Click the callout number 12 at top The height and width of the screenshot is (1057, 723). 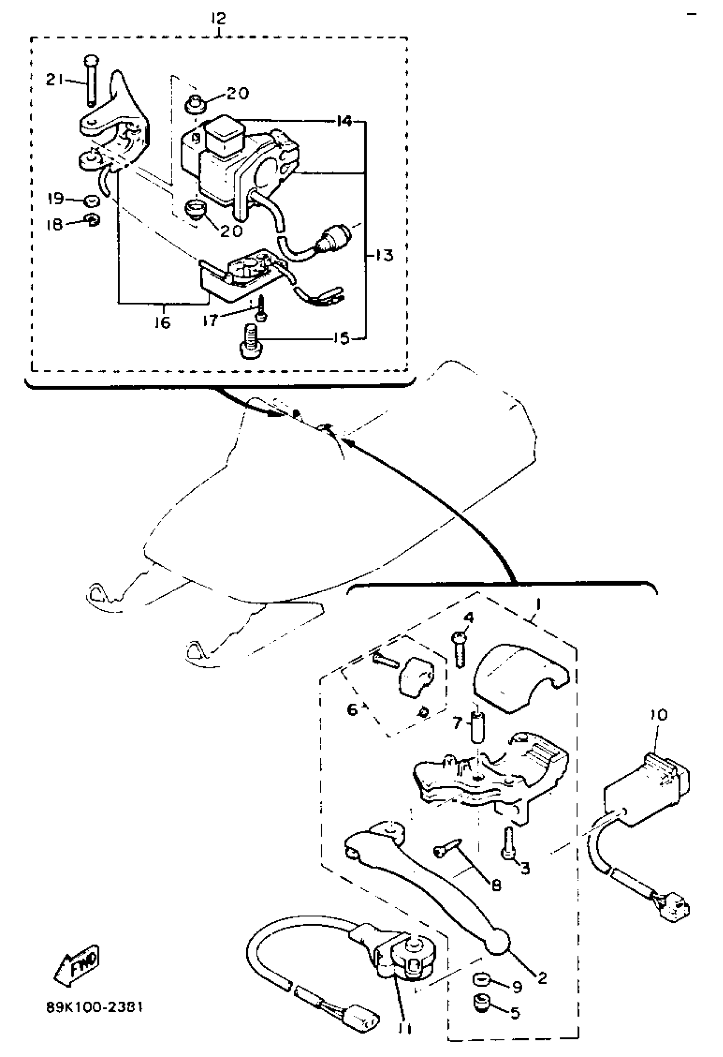tap(219, 19)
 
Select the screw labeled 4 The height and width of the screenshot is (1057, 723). tap(460, 650)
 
